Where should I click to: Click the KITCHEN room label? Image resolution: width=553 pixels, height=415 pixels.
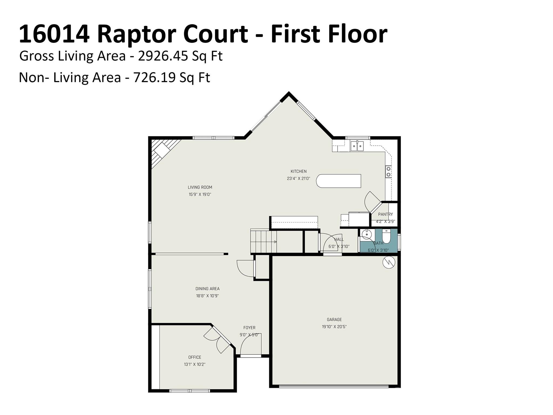(x=298, y=171)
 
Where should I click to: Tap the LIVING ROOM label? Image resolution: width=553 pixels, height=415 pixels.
(x=200, y=187)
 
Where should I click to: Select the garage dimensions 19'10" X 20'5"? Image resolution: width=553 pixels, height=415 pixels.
(x=334, y=327)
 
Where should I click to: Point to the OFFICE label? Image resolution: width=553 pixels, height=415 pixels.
(x=195, y=357)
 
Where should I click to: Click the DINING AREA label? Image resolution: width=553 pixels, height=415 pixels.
(x=207, y=289)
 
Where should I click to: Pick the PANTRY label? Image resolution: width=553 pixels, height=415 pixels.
(x=385, y=214)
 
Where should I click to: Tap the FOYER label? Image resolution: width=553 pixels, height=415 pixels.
(x=249, y=328)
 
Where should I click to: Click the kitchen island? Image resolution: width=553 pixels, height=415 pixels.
(x=339, y=181)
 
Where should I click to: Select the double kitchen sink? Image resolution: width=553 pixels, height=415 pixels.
(x=357, y=146)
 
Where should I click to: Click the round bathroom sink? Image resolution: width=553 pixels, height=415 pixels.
(x=366, y=234)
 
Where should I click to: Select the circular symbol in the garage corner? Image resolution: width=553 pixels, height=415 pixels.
(x=389, y=262)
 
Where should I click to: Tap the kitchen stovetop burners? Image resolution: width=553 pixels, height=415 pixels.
(x=388, y=172)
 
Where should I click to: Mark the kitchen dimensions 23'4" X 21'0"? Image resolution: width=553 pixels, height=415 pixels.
(x=298, y=178)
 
